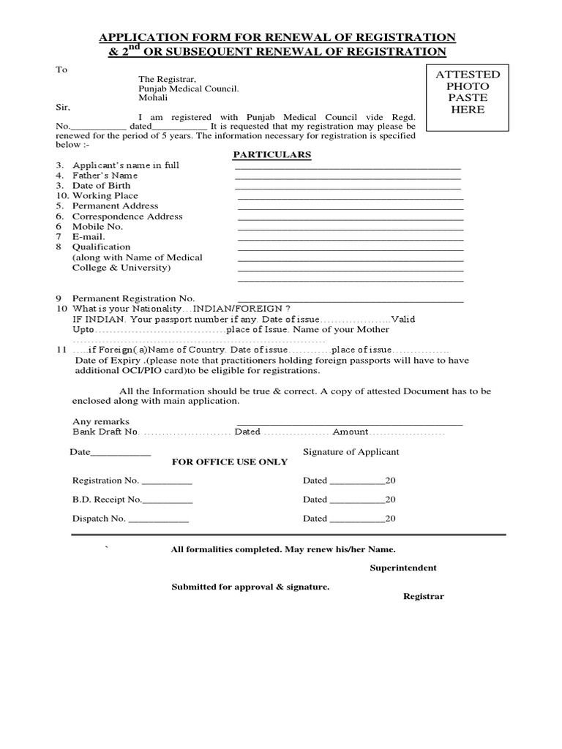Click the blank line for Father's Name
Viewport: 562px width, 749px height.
tap(348, 177)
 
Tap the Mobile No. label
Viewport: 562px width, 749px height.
tap(97, 227)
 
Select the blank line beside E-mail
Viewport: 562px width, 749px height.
tap(351, 238)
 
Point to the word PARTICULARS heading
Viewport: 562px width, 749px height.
tap(271, 155)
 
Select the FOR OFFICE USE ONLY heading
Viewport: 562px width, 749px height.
tap(229, 462)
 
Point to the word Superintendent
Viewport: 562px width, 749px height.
tap(403, 568)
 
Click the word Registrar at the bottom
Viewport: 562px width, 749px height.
tap(424, 596)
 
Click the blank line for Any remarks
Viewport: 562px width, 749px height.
tap(349, 424)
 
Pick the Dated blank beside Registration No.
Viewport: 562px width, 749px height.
tap(356, 483)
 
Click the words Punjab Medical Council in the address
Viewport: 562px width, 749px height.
tap(189, 88)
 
